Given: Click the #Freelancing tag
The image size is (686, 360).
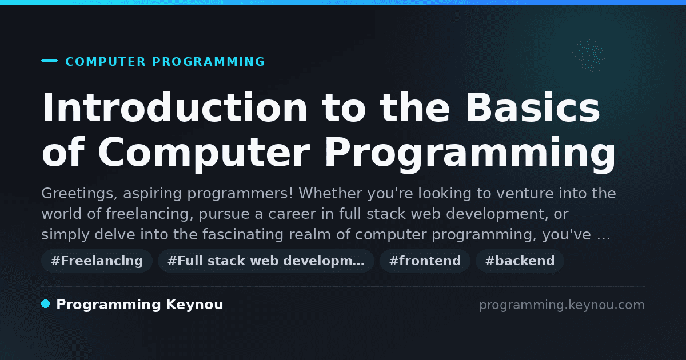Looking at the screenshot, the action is [97, 261].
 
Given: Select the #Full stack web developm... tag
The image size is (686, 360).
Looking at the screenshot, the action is [266, 261].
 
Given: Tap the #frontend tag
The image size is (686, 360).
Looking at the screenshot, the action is [425, 261].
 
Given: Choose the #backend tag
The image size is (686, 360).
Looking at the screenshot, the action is [520, 261].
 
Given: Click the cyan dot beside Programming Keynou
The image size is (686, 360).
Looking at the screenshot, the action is [46, 304].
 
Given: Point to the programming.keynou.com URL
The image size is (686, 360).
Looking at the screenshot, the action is [562, 305].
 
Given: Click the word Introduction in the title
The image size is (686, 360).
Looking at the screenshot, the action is [174, 108].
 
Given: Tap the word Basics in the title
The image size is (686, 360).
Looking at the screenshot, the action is [533, 108].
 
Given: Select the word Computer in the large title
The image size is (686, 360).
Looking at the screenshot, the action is [204, 152].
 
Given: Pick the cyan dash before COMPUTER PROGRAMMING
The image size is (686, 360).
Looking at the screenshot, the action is [49, 61].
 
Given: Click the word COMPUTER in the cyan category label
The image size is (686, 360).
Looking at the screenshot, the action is [106, 62].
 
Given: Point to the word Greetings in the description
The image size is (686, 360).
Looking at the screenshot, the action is [79, 194].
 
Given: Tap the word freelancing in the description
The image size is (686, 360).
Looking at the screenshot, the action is [150, 214].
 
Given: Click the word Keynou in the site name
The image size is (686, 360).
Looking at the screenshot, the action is [194, 305].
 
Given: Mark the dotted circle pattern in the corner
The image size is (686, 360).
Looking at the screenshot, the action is [590, 56].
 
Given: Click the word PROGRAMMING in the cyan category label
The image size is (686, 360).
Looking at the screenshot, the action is [208, 62].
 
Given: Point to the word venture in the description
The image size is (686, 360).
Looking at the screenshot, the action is [525, 194].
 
